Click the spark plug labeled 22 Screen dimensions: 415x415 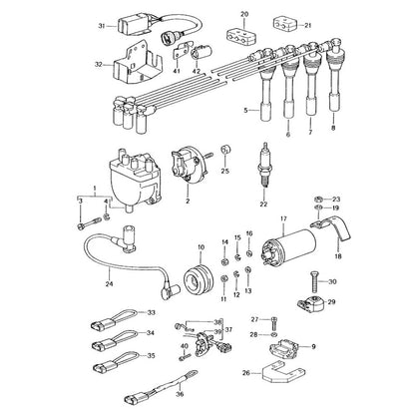point(265,165)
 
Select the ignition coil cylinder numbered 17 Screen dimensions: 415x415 point(288,248)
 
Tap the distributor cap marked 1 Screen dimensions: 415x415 point(134,179)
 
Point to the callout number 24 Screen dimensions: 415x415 point(109,283)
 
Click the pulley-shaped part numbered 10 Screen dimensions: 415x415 point(199,278)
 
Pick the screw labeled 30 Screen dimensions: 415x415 point(314,282)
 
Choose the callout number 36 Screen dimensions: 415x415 point(180,394)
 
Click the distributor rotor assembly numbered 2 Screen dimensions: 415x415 point(188,164)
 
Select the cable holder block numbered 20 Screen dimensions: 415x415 point(240,37)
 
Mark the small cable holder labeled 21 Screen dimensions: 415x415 point(283,24)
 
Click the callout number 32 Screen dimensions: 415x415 point(99,65)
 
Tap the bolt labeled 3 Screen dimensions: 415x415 point(89,223)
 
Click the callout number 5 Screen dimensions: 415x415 point(246,111)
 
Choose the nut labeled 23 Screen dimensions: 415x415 point(318,200)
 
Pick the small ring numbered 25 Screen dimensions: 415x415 point(225,150)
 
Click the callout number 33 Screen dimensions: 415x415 point(152,312)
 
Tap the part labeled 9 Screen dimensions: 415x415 point(282,348)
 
